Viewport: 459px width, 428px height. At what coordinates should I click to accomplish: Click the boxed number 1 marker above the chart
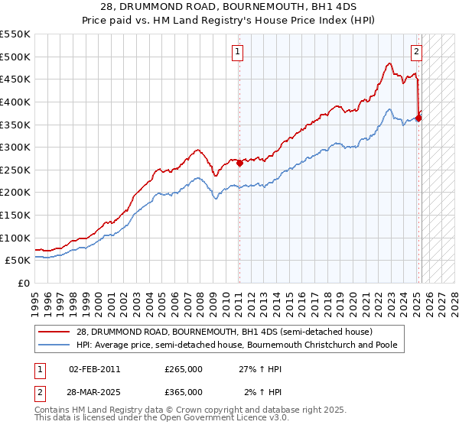point(238,53)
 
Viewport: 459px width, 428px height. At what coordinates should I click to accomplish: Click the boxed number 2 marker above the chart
point(416,53)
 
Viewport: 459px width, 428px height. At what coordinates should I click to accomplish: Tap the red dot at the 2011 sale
point(239,162)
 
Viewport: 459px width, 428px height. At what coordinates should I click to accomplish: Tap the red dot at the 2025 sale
point(418,117)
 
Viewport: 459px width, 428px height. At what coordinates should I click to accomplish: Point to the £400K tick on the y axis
point(17,102)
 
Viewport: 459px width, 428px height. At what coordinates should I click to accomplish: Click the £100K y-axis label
point(17,238)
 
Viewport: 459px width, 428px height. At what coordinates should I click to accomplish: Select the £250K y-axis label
point(17,170)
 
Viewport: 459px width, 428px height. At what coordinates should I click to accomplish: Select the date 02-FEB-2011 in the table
point(94,369)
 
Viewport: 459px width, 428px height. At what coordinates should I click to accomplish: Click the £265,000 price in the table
point(183,369)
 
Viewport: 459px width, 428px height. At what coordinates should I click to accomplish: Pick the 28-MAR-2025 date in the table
point(95,392)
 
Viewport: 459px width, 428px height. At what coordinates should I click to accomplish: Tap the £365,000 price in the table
point(183,392)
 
